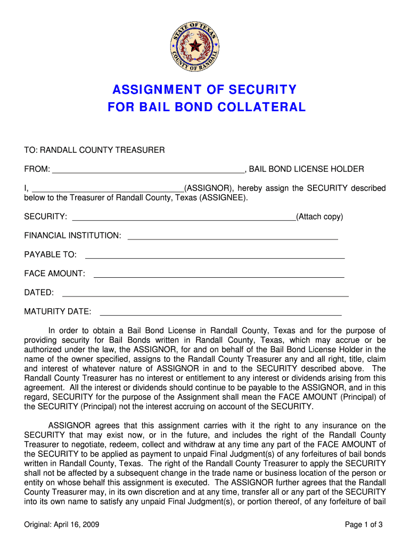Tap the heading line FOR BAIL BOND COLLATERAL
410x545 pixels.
tap(207, 107)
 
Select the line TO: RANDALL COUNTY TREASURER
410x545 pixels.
tap(94, 150)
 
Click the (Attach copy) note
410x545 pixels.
tap(319, 217)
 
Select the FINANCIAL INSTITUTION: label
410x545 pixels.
tap(72, 235)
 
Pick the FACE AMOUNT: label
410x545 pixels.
tap(54, 274)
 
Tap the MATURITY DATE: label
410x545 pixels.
tap(58, 311)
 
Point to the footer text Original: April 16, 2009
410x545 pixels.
tap(62, 525)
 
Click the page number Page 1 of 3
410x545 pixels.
tap(364, 525)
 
